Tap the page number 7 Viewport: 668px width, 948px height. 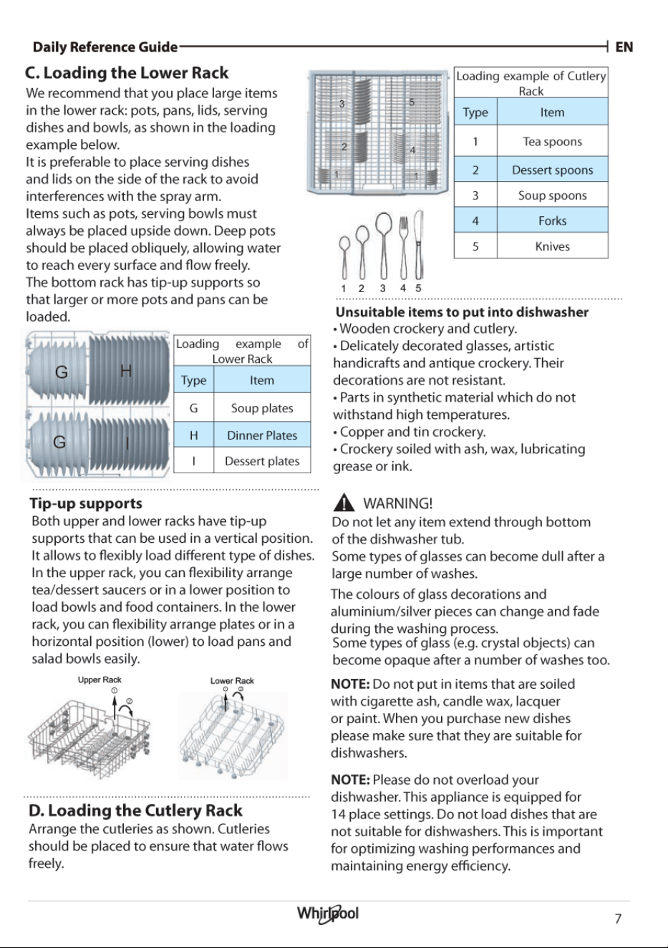tap(618, 919)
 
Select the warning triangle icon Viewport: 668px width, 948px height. tap(344, 503)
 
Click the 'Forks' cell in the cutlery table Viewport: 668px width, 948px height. tap(553, 221)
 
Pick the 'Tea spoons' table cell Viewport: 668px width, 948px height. tap(553, 141)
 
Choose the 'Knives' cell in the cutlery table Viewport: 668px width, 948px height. tap(553, 246)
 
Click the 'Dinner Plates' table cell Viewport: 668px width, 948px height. tap(262, 435)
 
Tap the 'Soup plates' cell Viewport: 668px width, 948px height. tap(262, 408)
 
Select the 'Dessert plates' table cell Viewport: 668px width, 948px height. tap(262, 461)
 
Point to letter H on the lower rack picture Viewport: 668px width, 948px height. tap(126, 371)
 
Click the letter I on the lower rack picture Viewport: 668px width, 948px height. tap(127, 443)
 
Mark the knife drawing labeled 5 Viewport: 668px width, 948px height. tap(419, 245)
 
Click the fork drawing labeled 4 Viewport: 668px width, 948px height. tap(403, 248)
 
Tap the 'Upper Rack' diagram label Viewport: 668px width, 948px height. tap(100, 679)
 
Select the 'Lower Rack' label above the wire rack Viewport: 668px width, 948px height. tap(232, 680)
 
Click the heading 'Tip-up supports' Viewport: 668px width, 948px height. tap(86, 503)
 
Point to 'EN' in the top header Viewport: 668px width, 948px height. tap(624, 47)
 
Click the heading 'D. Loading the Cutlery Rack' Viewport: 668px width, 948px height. tap(135, 811)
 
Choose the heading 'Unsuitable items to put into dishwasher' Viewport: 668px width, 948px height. tap(462, 312)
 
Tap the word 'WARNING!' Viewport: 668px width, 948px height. tap(398, 503)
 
